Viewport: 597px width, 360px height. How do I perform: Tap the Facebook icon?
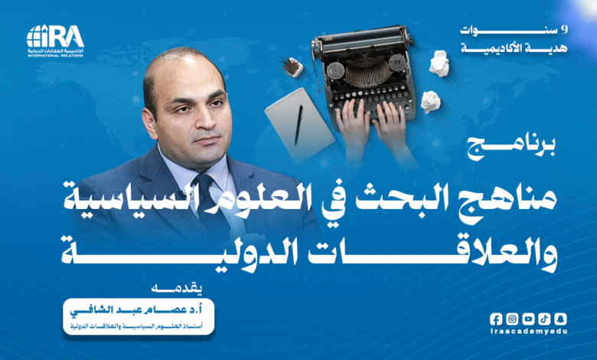497,319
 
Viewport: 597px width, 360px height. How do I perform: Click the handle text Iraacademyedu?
528,334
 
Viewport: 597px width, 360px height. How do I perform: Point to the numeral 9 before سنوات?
565,29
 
